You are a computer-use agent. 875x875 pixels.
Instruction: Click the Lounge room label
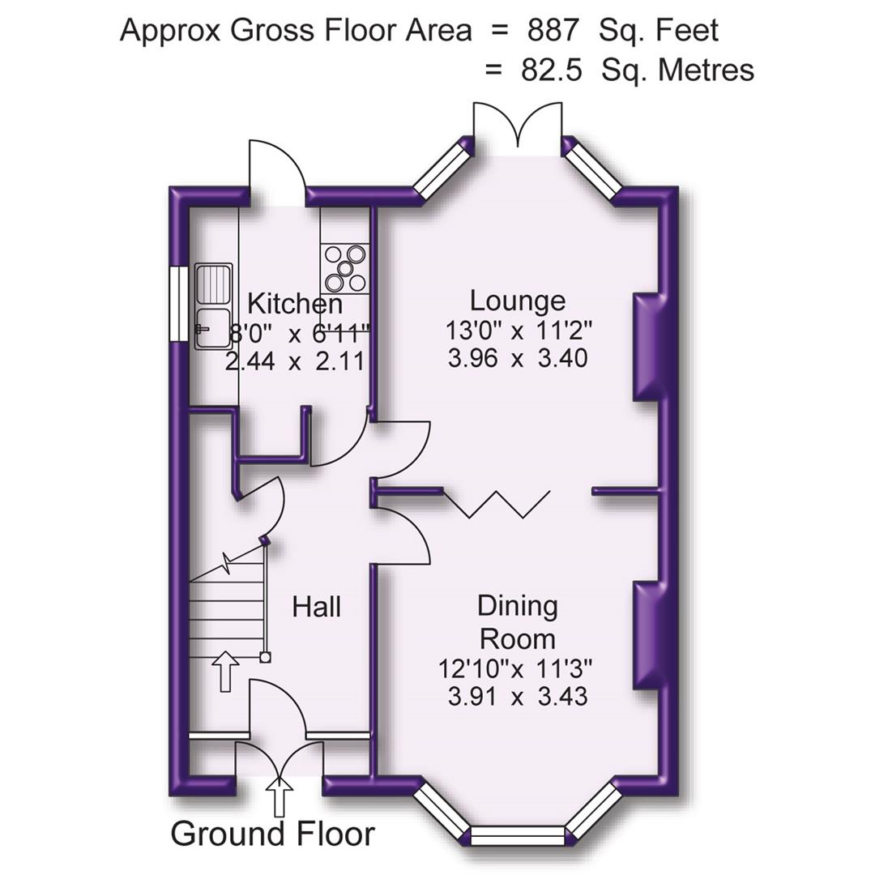[x=518, y=301]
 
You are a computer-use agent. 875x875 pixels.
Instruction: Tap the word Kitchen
[x=294, y=305]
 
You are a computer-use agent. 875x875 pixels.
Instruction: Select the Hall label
[x=317, y=606]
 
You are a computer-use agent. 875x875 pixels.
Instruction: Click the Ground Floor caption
[x=273, y=833]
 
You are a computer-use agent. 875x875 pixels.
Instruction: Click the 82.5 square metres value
[x=551, y=70]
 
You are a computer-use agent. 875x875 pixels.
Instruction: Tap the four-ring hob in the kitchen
[x=345, y=268]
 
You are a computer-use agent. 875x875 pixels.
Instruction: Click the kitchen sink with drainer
[x=213, y=305]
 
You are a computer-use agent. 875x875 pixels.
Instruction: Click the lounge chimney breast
[x=648, y=348]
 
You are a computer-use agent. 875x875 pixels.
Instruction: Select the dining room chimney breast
[x=648, y=634]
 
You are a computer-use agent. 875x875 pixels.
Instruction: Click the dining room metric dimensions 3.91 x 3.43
[x=518, y=696]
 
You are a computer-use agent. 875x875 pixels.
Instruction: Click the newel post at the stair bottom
[x=265, y=658]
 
